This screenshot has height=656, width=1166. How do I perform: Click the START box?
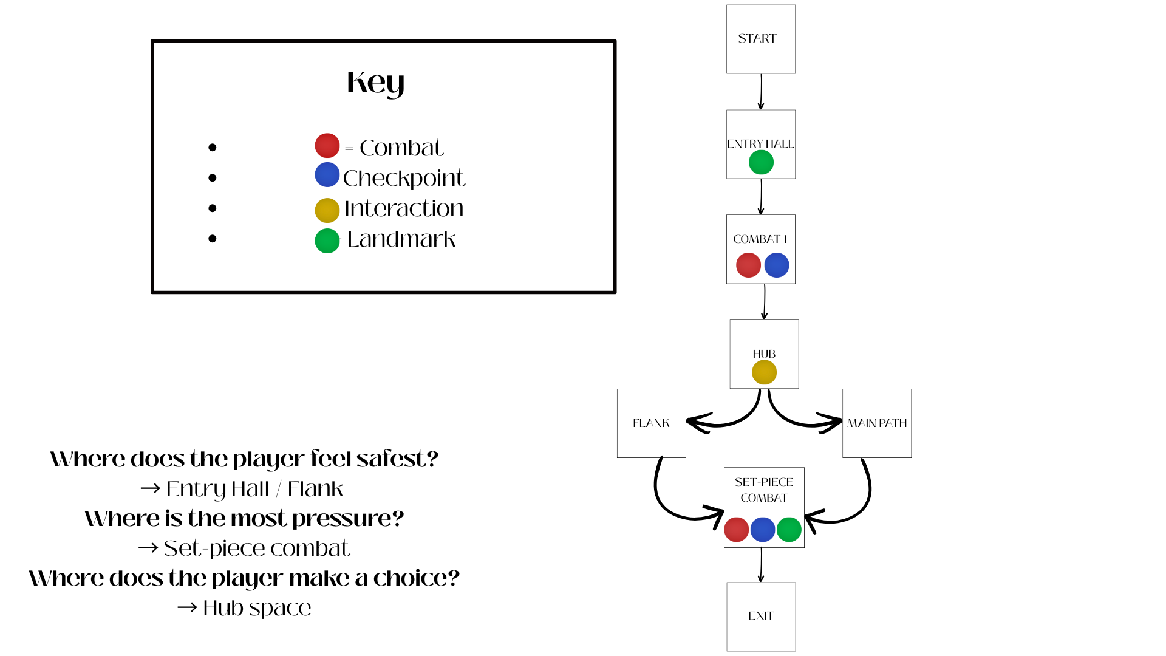click(x=760, y=39)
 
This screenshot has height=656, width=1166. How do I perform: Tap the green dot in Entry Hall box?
click(x=761, y=162)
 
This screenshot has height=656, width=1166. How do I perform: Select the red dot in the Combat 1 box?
click(x=748, y=265)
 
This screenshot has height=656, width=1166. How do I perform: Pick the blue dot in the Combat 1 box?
click(x=777, y=265)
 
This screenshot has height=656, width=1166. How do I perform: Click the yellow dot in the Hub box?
click(x=764, y=372)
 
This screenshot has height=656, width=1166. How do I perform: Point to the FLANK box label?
click(x=651, y=423)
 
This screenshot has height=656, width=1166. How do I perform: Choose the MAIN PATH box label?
click(x=877, y=423)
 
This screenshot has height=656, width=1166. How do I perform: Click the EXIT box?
click(x=761, y=616)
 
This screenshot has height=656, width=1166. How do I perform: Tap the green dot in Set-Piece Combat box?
click(x=789, y=530)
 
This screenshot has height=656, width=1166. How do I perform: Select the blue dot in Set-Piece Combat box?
click(x=763, y=530)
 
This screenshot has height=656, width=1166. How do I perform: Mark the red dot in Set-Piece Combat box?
click(x=737, y=530)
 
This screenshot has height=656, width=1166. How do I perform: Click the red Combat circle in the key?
click(x=327, y=146)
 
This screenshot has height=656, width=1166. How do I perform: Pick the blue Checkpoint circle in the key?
click(x=327, y=175)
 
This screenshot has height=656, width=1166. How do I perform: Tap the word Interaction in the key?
click(x=404, y=209)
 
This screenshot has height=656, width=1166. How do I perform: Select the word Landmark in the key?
click(x=401, y=239)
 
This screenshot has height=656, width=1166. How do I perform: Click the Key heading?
click(x=375, y=83)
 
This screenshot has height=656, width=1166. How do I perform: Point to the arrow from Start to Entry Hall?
click(x=761, y=92)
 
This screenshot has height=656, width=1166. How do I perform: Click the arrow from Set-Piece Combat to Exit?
click(x=761, y=565)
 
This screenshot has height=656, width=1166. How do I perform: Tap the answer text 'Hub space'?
click(x=257, y=608)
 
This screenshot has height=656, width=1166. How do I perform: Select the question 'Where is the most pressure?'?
click(x=244, y=519)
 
